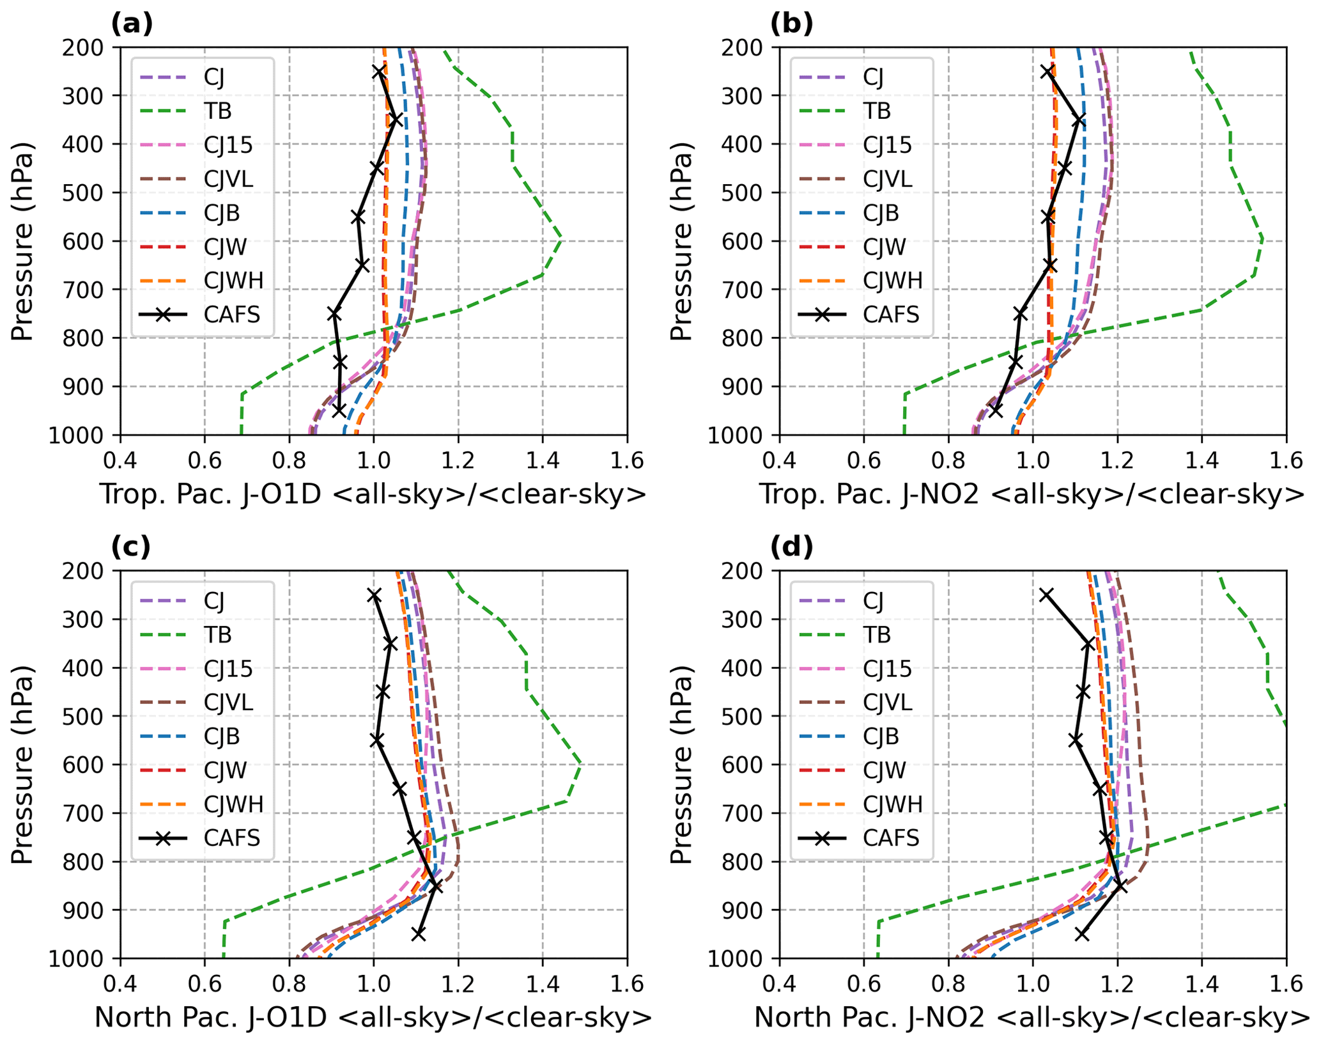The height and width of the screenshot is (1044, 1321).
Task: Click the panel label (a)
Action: tap(132, 24)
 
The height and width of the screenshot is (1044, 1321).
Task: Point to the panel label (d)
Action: tap(791, 547)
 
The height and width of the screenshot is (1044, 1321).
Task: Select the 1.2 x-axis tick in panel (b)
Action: tap(1116, 460)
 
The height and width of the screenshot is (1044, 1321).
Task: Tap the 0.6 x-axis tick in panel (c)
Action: tap(205, 984)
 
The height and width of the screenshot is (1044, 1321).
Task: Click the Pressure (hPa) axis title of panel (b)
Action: tap(681, 241)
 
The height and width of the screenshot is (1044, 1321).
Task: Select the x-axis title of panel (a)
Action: tap(373, 494)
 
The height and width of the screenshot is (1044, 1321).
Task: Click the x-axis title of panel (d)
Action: tap(1032, 1018)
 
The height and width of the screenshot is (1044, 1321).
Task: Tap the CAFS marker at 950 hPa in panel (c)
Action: tap(418, 934)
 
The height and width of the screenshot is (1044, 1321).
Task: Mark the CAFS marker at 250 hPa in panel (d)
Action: tap(1046, 595)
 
